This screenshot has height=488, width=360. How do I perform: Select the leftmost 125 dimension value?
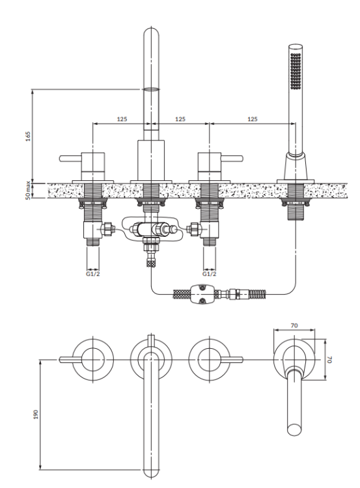tap(122, 119)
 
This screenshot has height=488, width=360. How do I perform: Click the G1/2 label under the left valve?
tap(93, 274)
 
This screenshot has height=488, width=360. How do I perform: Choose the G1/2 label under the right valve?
tap(208, 274)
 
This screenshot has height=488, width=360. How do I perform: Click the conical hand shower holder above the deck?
tap(294, 167)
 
